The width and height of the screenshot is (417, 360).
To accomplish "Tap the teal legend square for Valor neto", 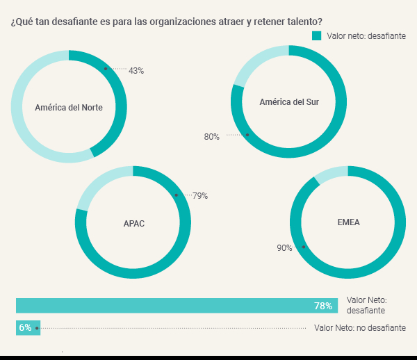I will click(x=317, y=36).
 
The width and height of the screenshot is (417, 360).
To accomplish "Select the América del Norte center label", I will click(x=69, y=108).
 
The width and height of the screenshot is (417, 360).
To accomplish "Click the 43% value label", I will click(x=136, y=71).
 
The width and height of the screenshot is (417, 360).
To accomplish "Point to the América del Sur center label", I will click(x=289, y=102).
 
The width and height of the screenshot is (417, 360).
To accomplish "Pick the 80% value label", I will click(x=211, y=137).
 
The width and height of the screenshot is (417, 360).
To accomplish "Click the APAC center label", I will click(x=133, y=223).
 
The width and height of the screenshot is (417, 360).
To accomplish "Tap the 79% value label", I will click(x=200, y=196).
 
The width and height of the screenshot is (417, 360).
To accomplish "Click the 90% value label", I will click(x=284, y=248).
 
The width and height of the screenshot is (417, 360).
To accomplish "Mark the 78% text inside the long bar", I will click(x=323, y=306).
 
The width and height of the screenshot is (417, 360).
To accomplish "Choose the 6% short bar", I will click(x=28, y=327).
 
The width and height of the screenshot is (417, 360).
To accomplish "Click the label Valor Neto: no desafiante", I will click(x=359, y=327).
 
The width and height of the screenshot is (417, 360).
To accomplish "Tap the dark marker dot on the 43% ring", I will click(x=105, y=69).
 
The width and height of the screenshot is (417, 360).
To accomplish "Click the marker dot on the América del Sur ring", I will click(x=247, y=135).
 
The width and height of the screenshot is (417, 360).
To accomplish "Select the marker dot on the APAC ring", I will click(x=177, y=195).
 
